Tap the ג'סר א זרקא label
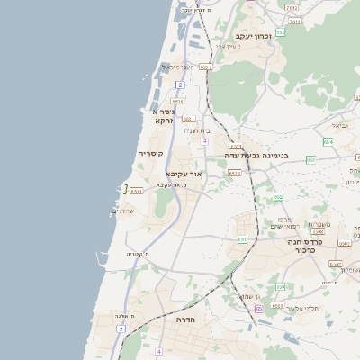coord(162,115)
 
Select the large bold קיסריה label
coord(149,154)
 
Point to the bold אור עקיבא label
coord(184,173)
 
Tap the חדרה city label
coord(186,319)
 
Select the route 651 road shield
coord(242,239)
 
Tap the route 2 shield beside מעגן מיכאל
coord(180,84)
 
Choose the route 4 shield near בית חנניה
coord(205,140)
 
